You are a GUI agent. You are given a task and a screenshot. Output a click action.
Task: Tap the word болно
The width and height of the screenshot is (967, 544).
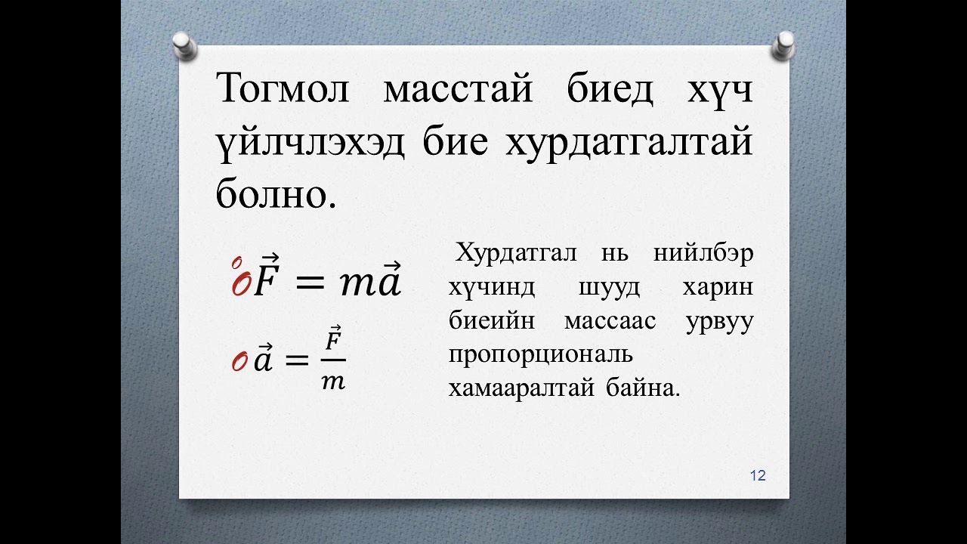click(x=275, y=193)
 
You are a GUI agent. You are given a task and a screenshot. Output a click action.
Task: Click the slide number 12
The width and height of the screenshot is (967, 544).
click(x=758, y=475)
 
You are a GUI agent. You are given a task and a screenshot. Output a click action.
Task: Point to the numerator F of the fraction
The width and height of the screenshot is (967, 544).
click(x=333, y=340)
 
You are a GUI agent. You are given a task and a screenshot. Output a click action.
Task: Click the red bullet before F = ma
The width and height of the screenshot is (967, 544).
click(x=240, y=281)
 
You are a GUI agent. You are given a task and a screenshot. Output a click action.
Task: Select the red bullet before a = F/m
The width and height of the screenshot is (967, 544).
click(x=239, y=363)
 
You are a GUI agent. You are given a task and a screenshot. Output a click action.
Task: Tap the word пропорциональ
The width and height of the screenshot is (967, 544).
click(x=540, y=354)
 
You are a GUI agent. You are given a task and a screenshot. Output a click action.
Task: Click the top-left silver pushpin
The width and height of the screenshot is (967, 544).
click(x=185, y=45)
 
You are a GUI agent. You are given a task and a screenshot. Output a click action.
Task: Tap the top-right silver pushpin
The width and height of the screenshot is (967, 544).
click(x=783, y=45)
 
